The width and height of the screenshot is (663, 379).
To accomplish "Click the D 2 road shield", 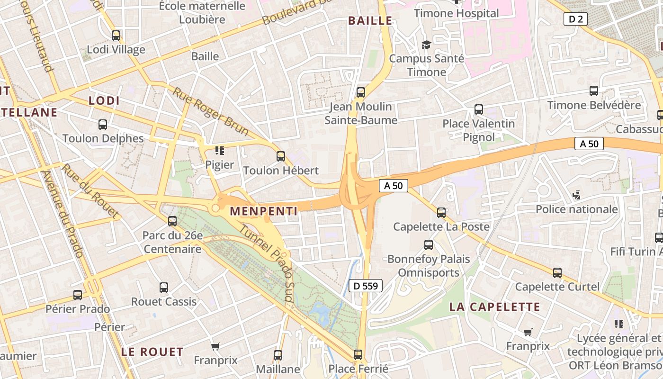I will (x=575, y=19).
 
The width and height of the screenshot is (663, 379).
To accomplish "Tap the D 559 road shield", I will (x=365, y=286).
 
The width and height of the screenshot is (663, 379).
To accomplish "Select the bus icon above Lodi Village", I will (x=116, y=36).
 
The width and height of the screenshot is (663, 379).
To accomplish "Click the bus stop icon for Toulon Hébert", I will (x=281, y=156).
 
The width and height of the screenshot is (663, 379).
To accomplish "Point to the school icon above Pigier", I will (x=219, y=151).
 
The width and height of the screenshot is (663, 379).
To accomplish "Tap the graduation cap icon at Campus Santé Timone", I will (x=426, y=45).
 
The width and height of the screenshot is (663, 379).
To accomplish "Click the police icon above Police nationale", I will (x=576, y=195).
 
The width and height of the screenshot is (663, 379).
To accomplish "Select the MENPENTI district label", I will (x=263, y=211).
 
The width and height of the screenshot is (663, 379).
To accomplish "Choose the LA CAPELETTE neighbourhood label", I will (x=494, y=307).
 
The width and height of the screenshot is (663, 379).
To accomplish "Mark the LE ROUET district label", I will (x=152, y=352).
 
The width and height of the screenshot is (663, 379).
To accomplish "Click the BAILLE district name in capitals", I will (x=370, y=21).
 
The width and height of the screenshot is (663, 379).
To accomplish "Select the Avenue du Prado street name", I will (x=63, y=213).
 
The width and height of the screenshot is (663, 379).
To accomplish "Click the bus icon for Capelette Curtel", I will (x=557, y=273).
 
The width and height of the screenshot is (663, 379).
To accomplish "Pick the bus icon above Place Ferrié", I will (x=358, y=355).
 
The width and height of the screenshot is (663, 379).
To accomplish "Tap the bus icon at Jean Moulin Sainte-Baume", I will (x=361, y=92).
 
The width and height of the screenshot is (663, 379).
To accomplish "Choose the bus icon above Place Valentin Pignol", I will (x=479, y=109).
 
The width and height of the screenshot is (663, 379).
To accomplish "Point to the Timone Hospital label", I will (x=456, y=13).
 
